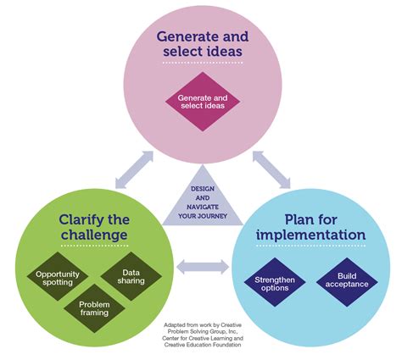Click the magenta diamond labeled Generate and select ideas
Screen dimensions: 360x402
tap(202, 102)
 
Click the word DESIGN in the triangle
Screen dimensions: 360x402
tap(202, 189)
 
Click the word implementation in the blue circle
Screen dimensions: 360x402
tap(320, 235)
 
